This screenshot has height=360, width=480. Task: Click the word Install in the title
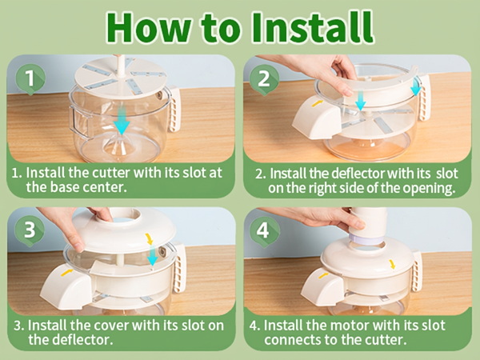tap(313, 27)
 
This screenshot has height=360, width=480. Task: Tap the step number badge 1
tap(30, 79)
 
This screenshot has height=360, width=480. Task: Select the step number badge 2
tap(264, 79)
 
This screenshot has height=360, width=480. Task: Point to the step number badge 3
tap(30, 230)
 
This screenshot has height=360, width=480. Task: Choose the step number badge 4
tap(264, 231)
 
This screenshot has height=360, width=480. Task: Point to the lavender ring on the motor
tap(366, 239)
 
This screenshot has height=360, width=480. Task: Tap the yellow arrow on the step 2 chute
tap(318, 103)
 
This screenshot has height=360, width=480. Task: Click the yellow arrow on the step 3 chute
tap(66, 272)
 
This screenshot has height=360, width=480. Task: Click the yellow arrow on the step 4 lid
tap(391, 264)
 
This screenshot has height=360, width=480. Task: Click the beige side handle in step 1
tap(174, 109)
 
